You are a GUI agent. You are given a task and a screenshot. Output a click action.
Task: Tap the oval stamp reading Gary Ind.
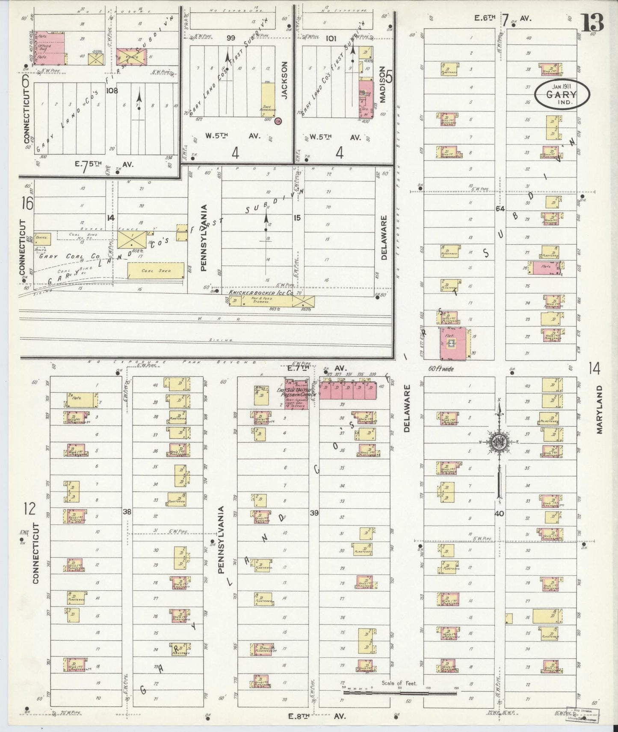562,93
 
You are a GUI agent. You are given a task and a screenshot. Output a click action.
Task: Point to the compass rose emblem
499,442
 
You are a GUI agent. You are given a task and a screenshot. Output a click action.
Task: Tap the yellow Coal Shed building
156,271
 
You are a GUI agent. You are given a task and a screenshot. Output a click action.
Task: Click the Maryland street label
600,410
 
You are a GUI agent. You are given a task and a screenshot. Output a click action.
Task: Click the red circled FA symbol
278,121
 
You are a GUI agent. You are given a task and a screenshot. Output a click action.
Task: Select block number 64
500,208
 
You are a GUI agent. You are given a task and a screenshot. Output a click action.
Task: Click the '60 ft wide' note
441,369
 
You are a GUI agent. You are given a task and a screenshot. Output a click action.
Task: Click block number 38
127,512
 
